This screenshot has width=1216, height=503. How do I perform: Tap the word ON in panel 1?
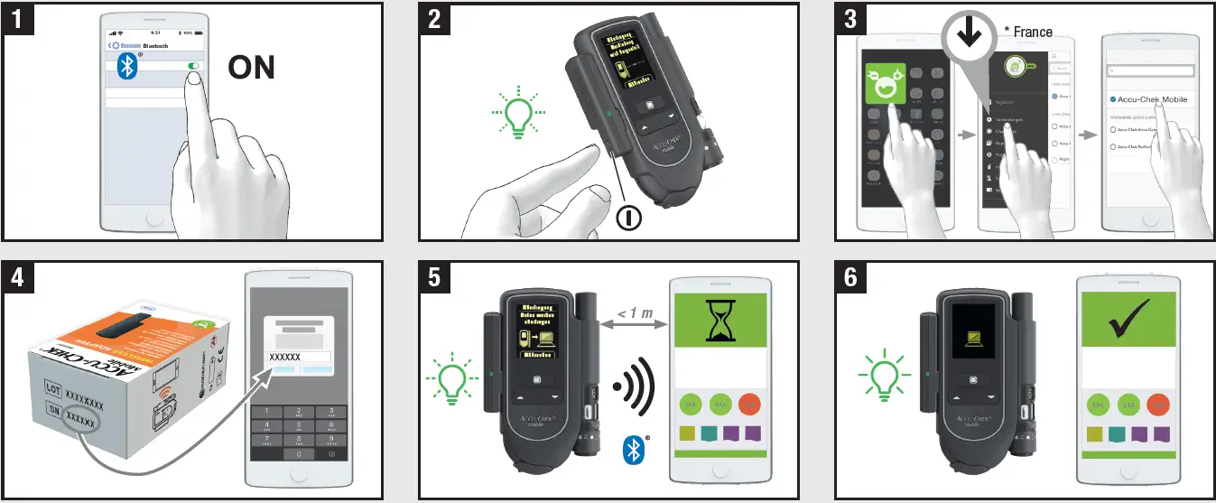[x=251, y=68]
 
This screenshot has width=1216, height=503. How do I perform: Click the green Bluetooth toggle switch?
[x=192, y=66]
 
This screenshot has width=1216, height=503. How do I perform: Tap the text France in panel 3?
[x=1032, y=32]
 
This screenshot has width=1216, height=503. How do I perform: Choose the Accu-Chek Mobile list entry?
[x=1155, y=99]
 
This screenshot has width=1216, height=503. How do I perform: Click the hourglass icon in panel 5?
[x=719, y=321]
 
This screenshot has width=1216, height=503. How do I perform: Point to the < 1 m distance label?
[x=635, y=312]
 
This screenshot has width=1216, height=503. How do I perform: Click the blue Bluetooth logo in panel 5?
[x=636, y=449]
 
